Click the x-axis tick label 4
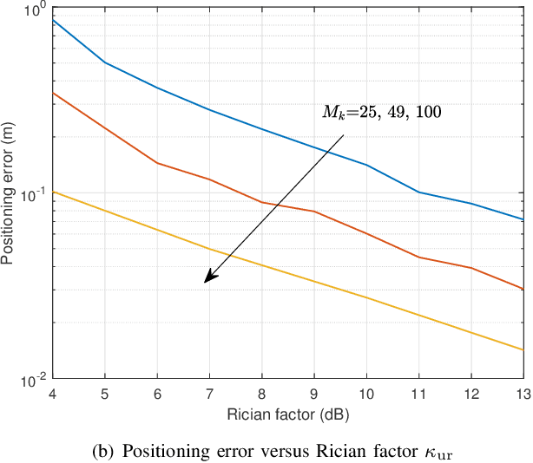[53, 395]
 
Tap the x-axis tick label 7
[210, 395]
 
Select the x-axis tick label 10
[366, 395]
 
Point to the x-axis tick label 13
[522, 395]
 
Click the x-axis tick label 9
[314, 395]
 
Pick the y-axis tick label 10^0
[32, 10]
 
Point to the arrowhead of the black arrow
[207, 280]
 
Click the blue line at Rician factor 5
[105, 62]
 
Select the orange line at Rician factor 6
[157, 163]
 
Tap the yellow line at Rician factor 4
[54, 192]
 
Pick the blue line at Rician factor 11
[418, 192]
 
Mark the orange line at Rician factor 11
[418, 257]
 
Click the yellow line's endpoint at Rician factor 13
[523, 349]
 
